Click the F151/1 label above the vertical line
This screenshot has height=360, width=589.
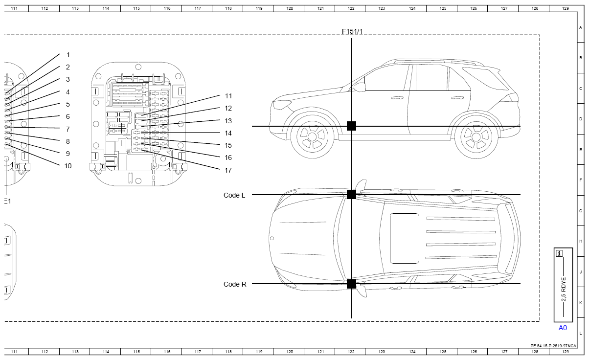pyautogui.click(x=352, y=32)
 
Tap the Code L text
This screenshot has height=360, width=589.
pyautogui.click(x=234, y=195)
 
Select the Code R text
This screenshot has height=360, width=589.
pyautogui.click(x=235, y=284)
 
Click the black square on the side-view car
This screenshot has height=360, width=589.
pyautogui.click(x=351, y=126)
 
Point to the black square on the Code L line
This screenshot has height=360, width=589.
pyautogui.click(x=351, y=195)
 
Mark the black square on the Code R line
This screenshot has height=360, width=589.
pyautogui.click(x=351, y=284)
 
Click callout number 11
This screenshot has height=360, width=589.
pyautogui.click(x=228, y=96)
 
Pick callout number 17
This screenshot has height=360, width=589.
pyautogui.click(x=228, y=170)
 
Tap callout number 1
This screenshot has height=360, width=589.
pyautogui.click(x=68, y=55)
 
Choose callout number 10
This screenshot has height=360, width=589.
pyautogui.click(x=68, y=166)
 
